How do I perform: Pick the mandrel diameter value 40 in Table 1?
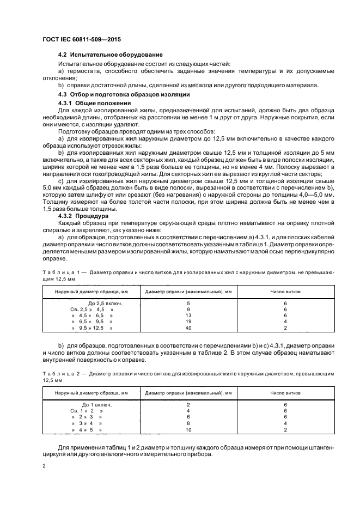click(x=188, y=329)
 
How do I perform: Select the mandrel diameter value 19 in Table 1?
click(x=188, y=322)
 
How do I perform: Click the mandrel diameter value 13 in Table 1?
click(x=188, y=315)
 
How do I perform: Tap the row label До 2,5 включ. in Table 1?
click(x=104, y=302)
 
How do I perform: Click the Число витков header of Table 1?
click(x=285, y=291)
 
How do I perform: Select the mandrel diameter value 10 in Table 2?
click(x=188, y=430)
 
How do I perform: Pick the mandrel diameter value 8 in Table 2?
click(x=188, y=423)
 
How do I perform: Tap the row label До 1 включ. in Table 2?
click(x=97, y=404)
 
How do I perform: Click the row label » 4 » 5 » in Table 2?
click(x=87, y=430)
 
